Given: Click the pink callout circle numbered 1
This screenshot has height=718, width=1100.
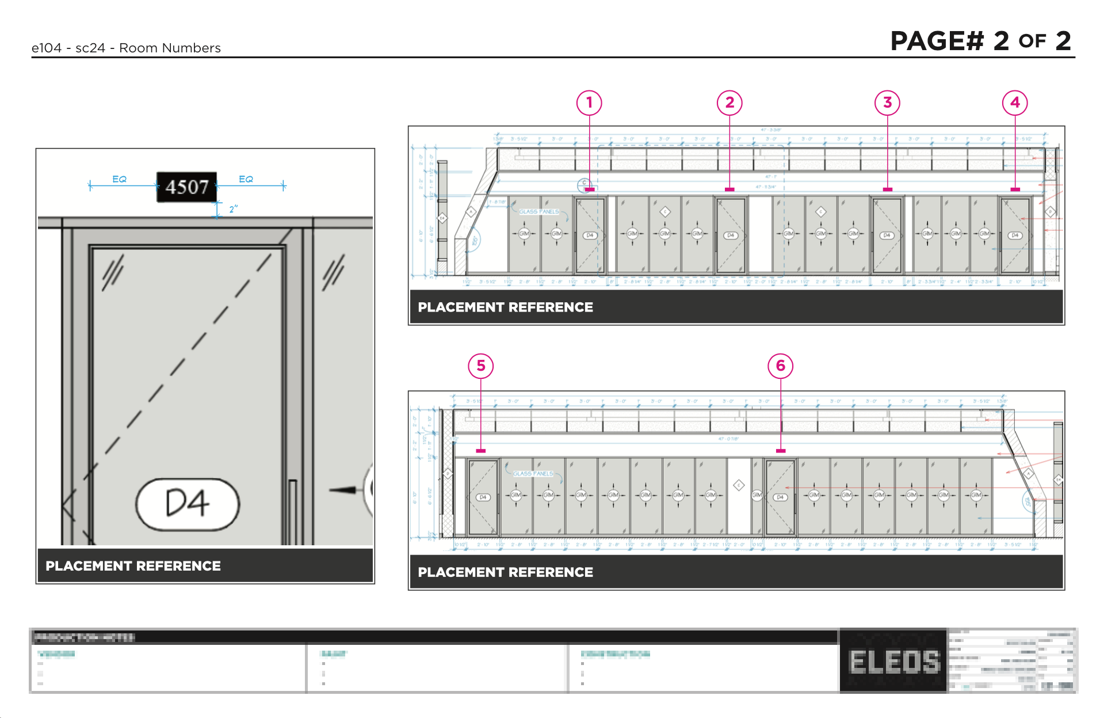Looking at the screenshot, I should tap(589, 103).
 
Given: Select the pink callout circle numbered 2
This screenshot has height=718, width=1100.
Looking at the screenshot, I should tap(729, 103).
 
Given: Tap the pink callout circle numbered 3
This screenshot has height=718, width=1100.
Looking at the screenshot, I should tap(887, 103).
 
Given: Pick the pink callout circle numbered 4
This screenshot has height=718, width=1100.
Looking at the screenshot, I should tap(1015, 103).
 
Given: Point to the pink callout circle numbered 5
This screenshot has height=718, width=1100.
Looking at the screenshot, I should tap(481, 366).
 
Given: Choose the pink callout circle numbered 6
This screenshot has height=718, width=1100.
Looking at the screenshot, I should tap(780, 366).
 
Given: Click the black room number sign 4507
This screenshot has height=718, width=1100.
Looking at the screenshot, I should tap(186, 187).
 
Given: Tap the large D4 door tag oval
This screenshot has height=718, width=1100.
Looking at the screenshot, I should tap(188, 504).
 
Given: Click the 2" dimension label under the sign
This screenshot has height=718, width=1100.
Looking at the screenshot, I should tap(233, 209).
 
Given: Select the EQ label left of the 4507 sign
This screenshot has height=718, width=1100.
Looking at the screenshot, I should tap(119, 179).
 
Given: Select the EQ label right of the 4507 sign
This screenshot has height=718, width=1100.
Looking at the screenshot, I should tap(246, 179).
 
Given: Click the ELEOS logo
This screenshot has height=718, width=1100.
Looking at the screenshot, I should tap(893, 661).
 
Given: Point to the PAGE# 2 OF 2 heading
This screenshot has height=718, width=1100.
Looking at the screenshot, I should tap(980, 41).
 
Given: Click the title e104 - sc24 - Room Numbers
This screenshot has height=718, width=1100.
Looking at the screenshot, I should tap(126, 48).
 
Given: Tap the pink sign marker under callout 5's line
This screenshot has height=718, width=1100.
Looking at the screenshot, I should tap(481, 451).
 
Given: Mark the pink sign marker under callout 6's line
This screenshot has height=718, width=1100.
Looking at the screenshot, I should tap(780, 451).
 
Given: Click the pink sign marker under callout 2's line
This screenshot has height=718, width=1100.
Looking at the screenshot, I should tap(729, 189).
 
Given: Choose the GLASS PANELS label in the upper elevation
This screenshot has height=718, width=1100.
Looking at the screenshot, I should tap(538, 212).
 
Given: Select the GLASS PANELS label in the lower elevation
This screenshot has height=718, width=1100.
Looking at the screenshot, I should tap(533, 474).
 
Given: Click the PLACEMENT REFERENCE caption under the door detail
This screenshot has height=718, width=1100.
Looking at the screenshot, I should tap(133, 566).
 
